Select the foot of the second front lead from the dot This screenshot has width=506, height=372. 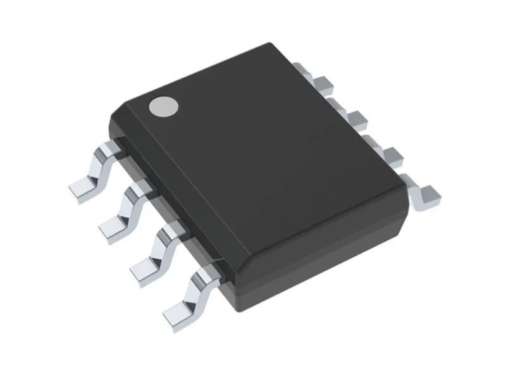tap(113, 225)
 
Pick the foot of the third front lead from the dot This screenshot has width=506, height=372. tap(145, 266)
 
